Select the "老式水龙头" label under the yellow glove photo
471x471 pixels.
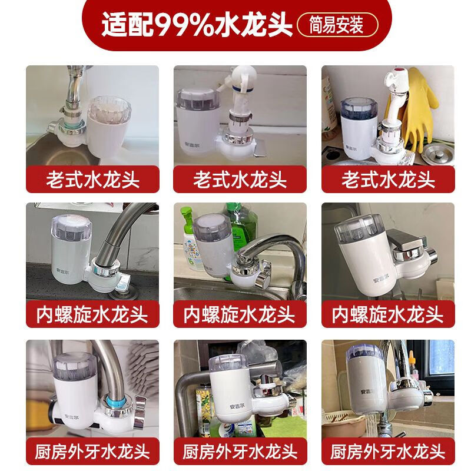pos(387,178)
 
